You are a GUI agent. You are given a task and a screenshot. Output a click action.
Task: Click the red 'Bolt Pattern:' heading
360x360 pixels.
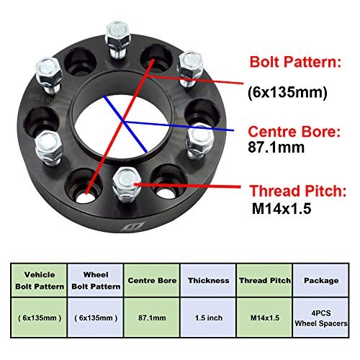click(295, 62)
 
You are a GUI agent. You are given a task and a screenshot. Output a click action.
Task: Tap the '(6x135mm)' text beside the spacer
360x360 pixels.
click(287, 92)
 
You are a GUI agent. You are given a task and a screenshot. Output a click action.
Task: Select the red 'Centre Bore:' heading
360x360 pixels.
click(294, 132)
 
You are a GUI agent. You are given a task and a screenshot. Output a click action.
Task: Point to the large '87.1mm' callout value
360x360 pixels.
click(276, 147)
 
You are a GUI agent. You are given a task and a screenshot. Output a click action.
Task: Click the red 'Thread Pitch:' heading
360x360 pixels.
click(298, 191)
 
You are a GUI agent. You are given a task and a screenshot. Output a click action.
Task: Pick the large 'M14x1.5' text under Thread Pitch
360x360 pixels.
click(282, 208)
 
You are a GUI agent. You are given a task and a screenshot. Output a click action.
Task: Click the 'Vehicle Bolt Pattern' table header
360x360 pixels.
click(40, 280)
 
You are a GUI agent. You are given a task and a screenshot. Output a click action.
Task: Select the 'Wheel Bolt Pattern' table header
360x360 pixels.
click(96, 280)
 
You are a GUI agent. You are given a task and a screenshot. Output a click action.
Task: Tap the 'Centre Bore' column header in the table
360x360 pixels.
click(152, 280)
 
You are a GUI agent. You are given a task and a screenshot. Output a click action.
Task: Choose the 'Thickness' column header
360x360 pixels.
click(209, 280)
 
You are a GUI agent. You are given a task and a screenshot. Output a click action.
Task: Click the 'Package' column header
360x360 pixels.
click(321, 280)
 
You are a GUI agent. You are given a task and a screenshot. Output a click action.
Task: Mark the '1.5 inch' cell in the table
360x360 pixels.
click(209, 318)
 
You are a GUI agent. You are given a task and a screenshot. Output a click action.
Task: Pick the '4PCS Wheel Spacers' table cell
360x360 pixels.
click(321, 318)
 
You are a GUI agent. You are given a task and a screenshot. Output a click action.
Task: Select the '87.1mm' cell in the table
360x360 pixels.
click(152, 318)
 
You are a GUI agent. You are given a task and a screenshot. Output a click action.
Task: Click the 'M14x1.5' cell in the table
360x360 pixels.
click(265, 318)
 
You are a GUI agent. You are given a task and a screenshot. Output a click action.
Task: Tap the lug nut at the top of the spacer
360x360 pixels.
click(117, 40)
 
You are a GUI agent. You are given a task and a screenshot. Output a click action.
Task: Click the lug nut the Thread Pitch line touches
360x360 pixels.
click(126, 185)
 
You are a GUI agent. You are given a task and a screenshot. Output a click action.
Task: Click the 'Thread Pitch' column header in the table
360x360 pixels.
click(265, 280)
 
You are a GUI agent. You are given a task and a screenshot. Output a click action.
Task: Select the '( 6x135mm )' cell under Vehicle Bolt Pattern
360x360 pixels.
click(40, 318)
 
